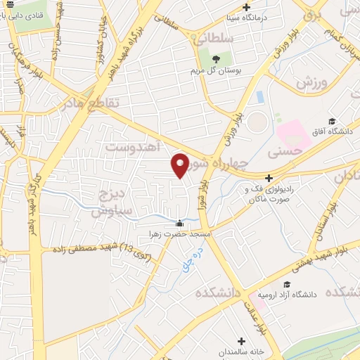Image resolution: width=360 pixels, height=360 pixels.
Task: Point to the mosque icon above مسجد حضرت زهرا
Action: [179, 224]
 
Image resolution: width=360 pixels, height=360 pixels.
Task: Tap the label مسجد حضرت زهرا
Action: [173, 233]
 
